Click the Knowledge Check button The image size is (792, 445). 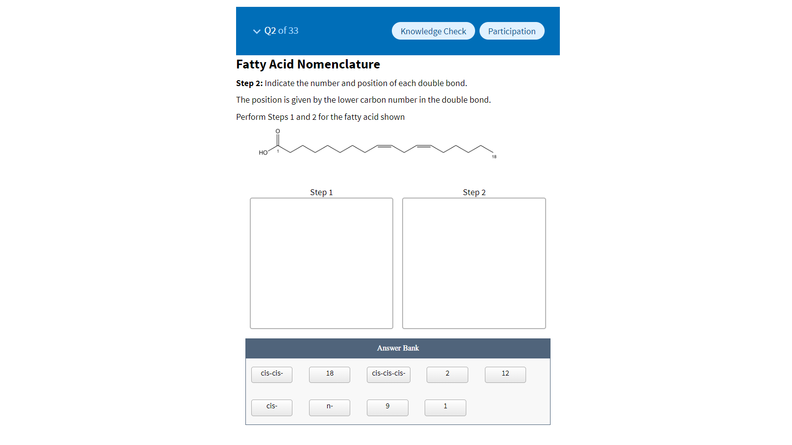tap(433, 31)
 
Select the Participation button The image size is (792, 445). tap(511, 31)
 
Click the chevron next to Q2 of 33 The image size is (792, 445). tap(257, 31)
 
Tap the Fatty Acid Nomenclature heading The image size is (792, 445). tap(308, 65)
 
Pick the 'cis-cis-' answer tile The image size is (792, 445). tap(272, 374)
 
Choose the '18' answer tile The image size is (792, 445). tap(330, 374)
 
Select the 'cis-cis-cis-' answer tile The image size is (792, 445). tap(388, 374)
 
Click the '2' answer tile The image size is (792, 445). tap(447, 374)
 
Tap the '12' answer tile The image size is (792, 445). tap(505, 374)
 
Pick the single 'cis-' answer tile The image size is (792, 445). tap(272, 407)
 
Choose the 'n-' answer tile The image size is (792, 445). tap(330, 407)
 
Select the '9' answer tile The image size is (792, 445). tap(387, 407)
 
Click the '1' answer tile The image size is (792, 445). tap(445, 407)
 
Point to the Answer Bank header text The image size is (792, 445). tap(398, 348)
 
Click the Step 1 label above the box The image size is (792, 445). tap(321, 192)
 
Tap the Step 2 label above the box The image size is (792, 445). tap(474, 192)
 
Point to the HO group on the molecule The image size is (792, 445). tap(263, 153)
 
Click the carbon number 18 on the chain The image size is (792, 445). tap(494, 156)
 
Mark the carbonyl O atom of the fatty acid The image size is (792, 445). tap(278, 131)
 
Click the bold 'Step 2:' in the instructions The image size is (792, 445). tap(249, 83)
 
